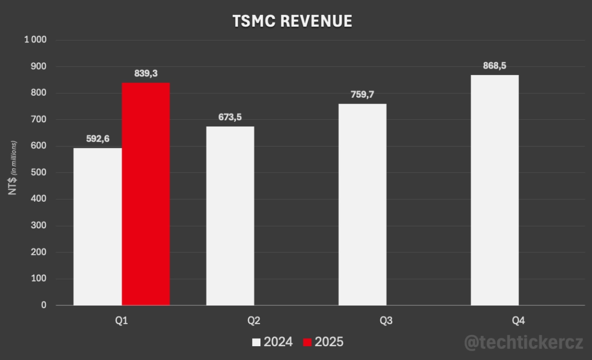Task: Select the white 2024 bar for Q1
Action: tap(98, 226)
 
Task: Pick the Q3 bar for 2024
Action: tap(363, 204)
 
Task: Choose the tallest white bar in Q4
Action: tap(494, 190)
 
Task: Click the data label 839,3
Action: tap(146, 73)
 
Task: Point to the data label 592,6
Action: tap(98, 139)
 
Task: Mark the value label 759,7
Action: tap(363, 94)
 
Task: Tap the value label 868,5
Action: tap(494, 66)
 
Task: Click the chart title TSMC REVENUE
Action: tap(293, 21)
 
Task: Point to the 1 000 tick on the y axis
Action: tap(35, 40)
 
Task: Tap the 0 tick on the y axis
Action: tap(44, 305)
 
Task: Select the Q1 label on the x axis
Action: tap(121, 321)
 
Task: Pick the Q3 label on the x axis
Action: tap(386, 321)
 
